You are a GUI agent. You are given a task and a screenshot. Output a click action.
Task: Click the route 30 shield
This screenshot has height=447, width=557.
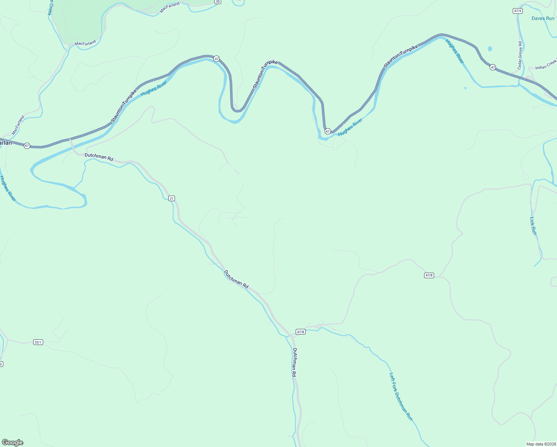click(218, 2)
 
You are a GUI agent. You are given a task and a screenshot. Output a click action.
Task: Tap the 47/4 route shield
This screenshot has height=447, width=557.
click(517, 11)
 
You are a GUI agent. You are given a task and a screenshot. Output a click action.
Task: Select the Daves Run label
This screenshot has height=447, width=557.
click(543, 18)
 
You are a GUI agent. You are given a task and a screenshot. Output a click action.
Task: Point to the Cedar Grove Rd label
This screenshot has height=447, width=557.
click(520, 55)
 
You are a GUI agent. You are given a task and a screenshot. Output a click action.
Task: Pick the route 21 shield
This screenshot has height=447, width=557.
click(171, 198)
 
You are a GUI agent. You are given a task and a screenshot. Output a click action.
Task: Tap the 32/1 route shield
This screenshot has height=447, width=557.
click(38, 342)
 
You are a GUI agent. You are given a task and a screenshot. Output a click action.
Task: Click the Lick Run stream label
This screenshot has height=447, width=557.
click(534, 226)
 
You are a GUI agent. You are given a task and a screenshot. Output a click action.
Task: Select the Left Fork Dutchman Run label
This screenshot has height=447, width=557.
click(401, 397)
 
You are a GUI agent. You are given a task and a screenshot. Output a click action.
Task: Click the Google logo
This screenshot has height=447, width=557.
click(13, 443)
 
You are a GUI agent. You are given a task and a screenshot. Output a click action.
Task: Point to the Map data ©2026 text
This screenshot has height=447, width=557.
click(540, 444)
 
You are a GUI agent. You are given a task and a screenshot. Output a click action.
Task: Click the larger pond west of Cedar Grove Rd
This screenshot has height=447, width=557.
click(490, 48)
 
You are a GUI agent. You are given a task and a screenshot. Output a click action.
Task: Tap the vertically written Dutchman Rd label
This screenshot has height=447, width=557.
click(294, 362)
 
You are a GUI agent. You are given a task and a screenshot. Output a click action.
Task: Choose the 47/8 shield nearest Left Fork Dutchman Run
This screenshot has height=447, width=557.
click(300, 332)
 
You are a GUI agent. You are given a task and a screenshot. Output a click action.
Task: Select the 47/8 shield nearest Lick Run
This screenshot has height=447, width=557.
click(429, 275)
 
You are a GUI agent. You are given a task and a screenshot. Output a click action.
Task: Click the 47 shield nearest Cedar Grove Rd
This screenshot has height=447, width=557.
click(493, 67)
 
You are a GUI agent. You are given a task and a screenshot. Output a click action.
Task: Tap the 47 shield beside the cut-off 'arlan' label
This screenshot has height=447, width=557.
click(27, 146)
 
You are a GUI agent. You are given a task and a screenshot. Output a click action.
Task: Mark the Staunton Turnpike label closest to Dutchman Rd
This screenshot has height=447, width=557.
click(124, 106)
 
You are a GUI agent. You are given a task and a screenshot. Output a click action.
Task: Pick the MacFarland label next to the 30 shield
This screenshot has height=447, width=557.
click(170, 7)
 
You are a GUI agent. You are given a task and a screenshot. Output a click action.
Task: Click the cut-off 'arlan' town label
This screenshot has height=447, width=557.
click(6, 143)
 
